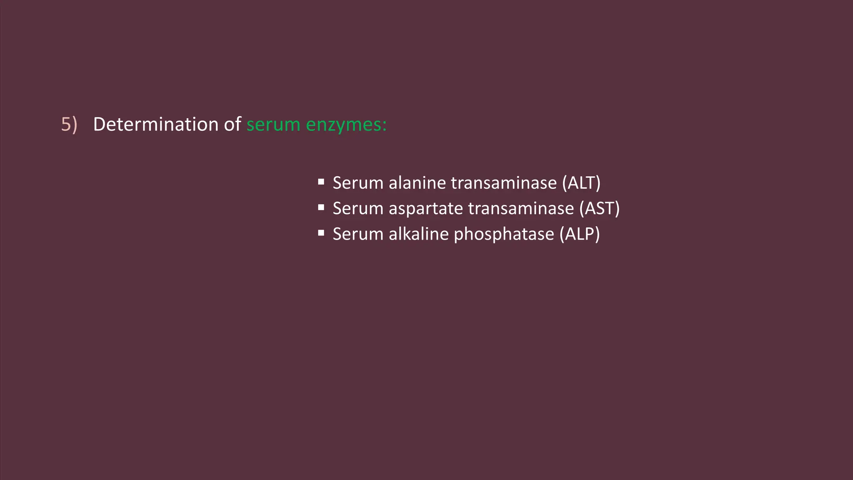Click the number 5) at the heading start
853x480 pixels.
pyautogui.click(x=69, y=125)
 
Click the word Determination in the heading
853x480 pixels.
pyautogui.click(x=155, y=125)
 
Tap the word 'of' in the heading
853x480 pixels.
pyautogui.click(x=232, y=125)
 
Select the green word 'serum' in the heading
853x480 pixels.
pyautogui.click(x=273, y=125)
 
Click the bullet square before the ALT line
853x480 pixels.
pyautogui.click(x=321, y=182)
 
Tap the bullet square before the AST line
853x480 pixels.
pyautogui.click(x=321, y=207)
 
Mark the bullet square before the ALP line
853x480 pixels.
pyautogui.click(x=321, y=233)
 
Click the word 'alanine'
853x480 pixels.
pyautogui.click(x=417, y=183)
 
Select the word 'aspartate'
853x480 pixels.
pyautogui.click(x=426, y=209)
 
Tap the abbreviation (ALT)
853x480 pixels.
pyautogui.click(x=581, y=183)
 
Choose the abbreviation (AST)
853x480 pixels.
pyautogui.click(x=599, y=209)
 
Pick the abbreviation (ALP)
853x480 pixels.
pyautogui.click(x=579, y=234)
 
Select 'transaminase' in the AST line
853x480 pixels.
pyautogui.click(x=521, y=209)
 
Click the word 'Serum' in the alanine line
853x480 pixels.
pyautogui.click(x=358, y=183)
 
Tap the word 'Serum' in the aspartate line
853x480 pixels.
pyautogui.click(x=358, y=209)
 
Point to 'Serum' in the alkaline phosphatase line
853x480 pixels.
pyautogui.click(x=358, y=234)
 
